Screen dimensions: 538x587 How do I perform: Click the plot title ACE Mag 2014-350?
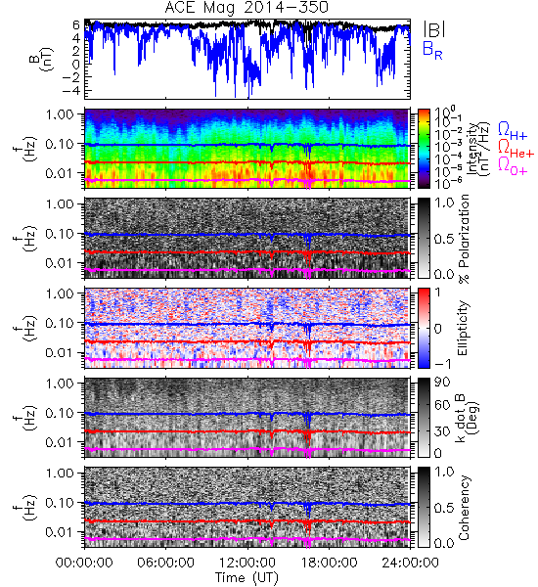[247, 7]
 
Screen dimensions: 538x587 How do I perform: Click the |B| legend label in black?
[434, 29]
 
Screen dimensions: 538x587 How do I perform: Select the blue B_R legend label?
[432, 50]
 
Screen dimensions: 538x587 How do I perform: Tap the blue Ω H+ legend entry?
[513, 131]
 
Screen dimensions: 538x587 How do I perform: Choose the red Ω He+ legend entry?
[516, 149]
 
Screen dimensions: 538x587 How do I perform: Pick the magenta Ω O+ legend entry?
[513, 166]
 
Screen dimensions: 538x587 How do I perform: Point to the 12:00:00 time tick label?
[247, 563]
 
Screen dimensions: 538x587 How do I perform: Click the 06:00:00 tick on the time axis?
[166, 563]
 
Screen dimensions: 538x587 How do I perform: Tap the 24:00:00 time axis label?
[410, 563]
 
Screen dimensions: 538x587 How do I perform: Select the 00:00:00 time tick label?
[84, 563]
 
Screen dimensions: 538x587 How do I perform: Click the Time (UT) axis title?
[247, 577]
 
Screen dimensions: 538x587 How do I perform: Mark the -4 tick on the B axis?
[71, 90]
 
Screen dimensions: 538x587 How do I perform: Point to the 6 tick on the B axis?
[76, 25]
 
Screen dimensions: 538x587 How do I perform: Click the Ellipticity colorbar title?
[463, 328]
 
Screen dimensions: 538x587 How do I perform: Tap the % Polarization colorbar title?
[464, 239]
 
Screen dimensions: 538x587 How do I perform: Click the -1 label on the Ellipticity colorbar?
[441, 364]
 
